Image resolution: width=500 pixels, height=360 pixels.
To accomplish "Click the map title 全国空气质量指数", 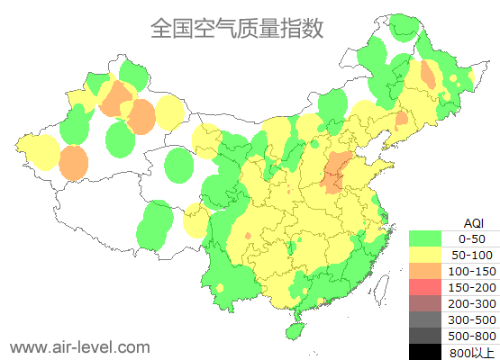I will [237, 29].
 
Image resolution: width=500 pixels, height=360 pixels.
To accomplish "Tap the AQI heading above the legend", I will [473, 222].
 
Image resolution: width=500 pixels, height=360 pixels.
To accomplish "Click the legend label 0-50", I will [472, 238].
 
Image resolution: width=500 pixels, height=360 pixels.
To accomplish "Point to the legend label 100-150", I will [472, 271].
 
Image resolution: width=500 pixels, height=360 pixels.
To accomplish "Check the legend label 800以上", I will [472, 352].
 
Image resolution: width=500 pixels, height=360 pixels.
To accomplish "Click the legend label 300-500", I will [472, 319].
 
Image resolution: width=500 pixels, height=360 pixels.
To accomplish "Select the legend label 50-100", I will [472, 255].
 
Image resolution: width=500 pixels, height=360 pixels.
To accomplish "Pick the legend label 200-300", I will [472, 303].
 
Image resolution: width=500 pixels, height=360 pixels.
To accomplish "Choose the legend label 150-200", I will [472, 287].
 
